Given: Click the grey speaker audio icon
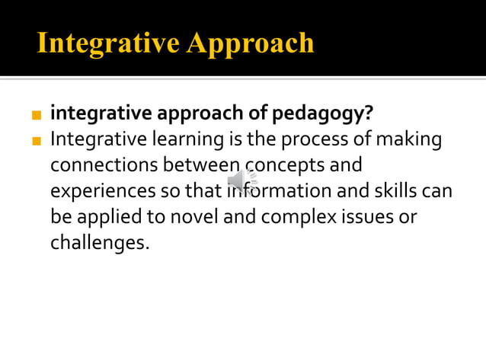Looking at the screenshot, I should tap(241, 181).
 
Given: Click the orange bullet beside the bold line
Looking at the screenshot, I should tap(36, 116).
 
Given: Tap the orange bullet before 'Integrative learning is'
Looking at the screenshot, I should tap(36, 142).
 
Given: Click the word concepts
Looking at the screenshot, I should tap(286, 165).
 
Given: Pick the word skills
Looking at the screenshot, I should tap(397, 191).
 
